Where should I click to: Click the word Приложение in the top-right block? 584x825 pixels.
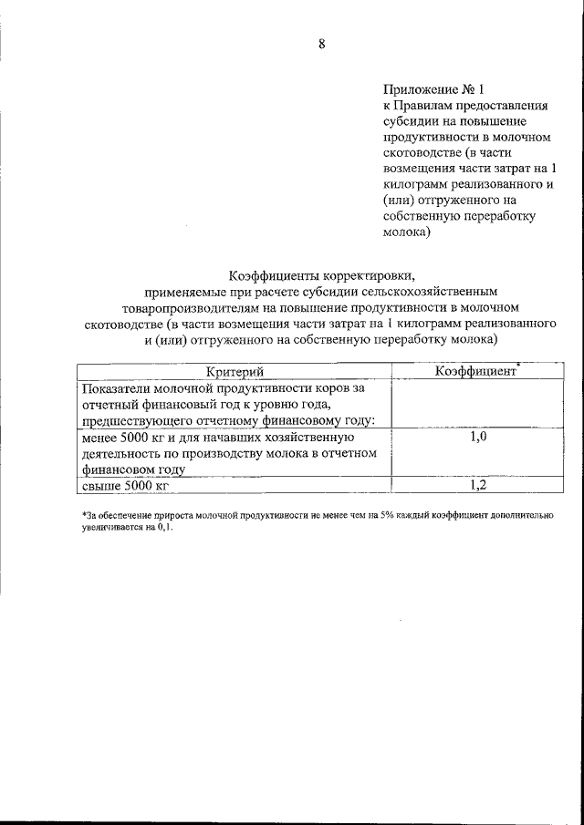coord(420,89)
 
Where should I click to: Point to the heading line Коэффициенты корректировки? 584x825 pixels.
coord(321,274)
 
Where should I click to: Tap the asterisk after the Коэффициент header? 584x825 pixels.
coord(516,365)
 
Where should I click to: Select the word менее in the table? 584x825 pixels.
coord(100,438)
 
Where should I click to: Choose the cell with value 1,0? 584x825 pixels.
coord(478,438)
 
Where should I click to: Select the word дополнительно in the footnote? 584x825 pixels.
coord(521,516)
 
